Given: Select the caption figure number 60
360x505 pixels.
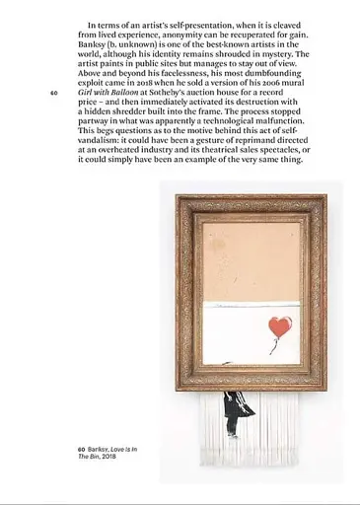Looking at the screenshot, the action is [x=82, y=449].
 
